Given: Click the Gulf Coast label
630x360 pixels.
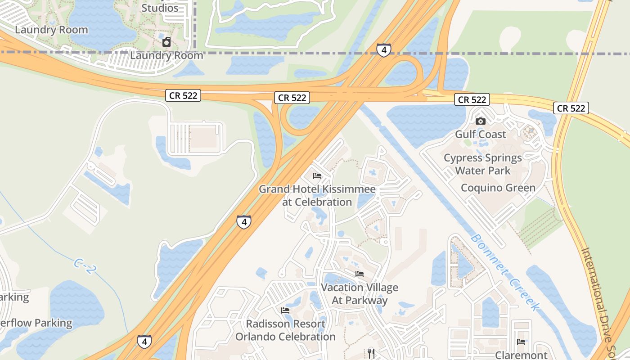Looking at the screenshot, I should pyautogui.click(x=480, y=134).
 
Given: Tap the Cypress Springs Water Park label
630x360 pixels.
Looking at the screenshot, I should pyautogui.click(x=483, y=164).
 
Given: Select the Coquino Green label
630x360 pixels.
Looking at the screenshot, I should pyautogui.click(x=498, y=188).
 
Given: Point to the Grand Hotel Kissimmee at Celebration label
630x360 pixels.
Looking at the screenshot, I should pyautogui.click(x=317, y=196).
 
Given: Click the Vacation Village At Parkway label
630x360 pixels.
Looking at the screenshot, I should pyautogui.click(x=359, y=294).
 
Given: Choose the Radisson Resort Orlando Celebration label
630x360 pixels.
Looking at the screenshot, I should pyautogui.click(x=285, y=330).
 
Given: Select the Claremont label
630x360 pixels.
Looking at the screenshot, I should pyautogui.click(x=521, y=355).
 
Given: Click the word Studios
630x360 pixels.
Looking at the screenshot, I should pyautogui.click(x=160, y=8).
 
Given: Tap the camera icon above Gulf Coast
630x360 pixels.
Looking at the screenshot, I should pyautogui.click(x=481, y=121).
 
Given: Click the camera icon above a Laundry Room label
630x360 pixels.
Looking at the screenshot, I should pyautogui.click(x=166, y=42).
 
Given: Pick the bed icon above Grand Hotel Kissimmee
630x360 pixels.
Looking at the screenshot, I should pyautogui.click(x=317, y=176).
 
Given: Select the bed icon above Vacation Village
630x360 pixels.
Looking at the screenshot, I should pyautogui.click(x=359, y=274).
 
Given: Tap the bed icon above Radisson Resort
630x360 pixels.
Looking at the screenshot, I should pyautogui.click(x=285, y=310).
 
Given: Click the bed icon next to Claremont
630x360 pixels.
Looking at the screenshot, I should pyautogui.click(x=521, y=342).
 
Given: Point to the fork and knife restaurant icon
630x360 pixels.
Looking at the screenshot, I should pyautogui.click(x=371, y=353).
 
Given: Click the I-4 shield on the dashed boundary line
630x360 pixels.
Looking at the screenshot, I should pyautogui.click(x=383, y=50).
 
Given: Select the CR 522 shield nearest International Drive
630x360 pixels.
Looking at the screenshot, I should pyautogui.click(x=571, y=108).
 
